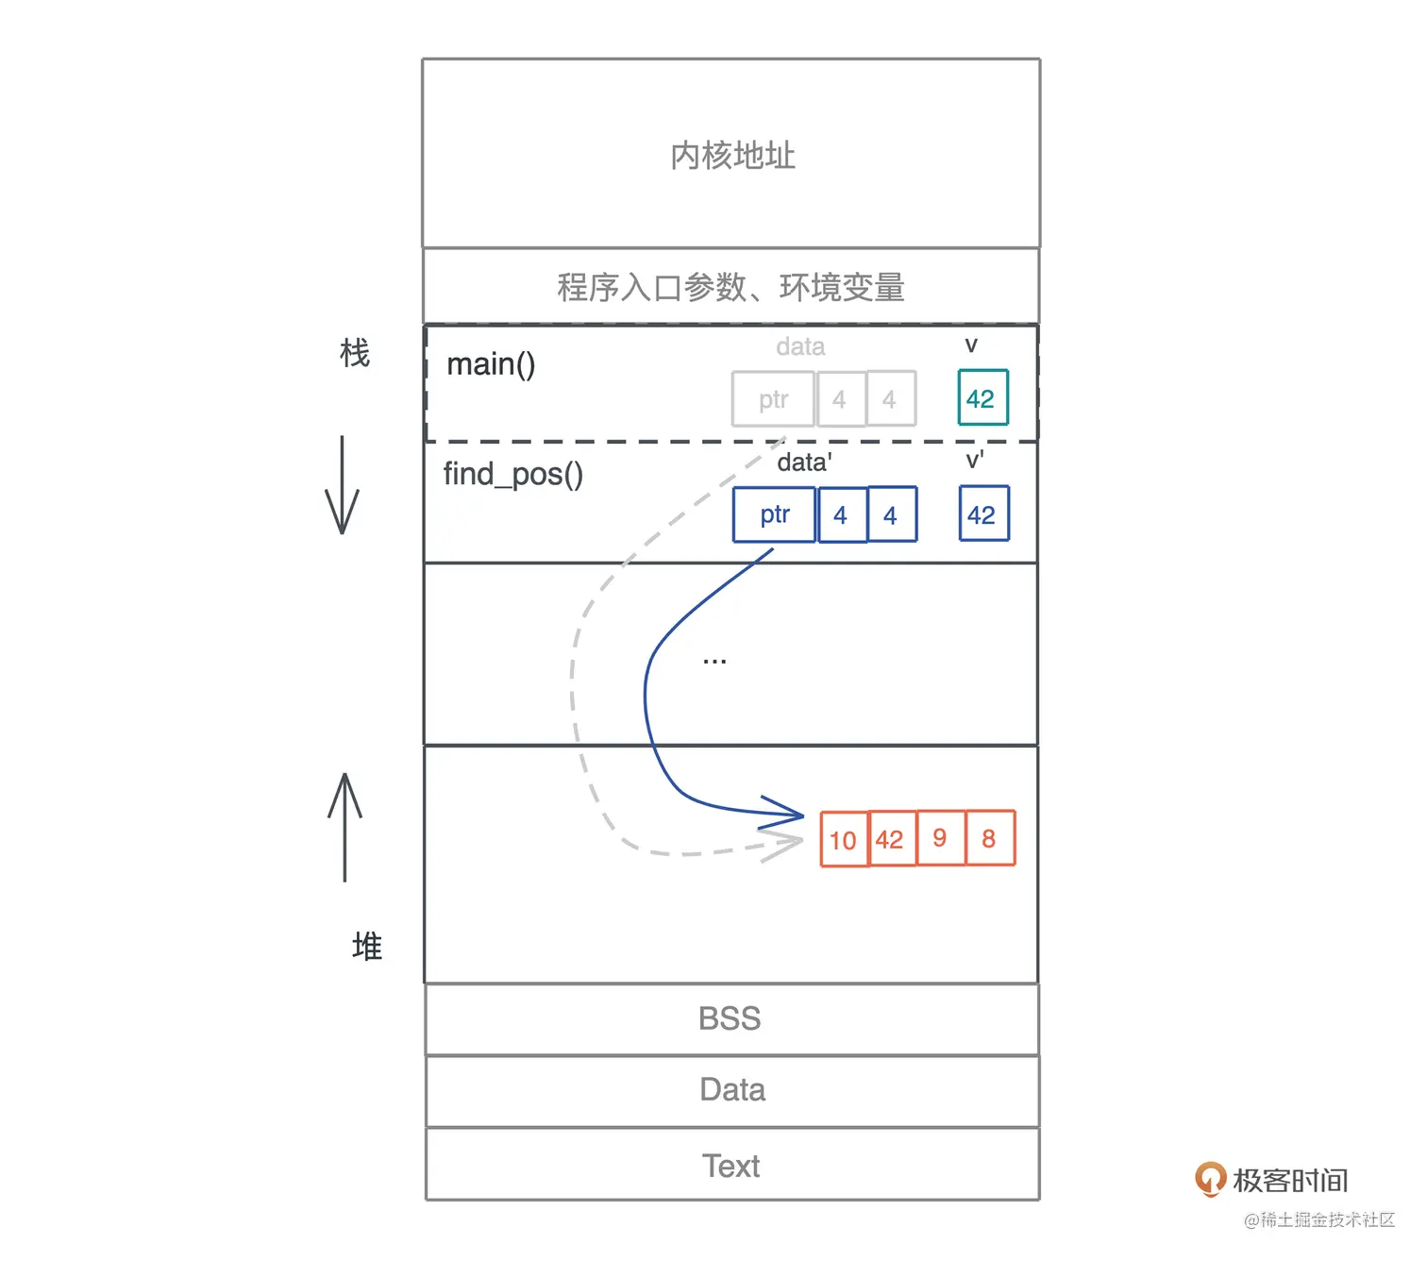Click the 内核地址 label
(x=732, y=156)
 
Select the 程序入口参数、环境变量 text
(x=730, y=287)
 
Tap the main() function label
(x=491, y=364)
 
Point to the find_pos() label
(x=512, y=474)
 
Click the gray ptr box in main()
(x=773, y=399)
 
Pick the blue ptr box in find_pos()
(x=774, y=514)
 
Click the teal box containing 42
(x=982, y=398)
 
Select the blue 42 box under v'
(x=983, y=514)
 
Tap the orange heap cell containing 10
(x=844, y=839)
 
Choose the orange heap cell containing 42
(x=892, y=839)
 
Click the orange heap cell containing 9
(x=941, y=838)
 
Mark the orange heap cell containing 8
(x=990, y=838)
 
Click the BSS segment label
(x=730, y=1019)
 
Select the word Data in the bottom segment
(x=732, y=1090)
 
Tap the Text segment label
(x=730, y=1167)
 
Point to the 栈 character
(x=355, y=354)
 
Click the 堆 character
(x=367, y=946)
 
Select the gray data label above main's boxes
(x=800, y=347)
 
